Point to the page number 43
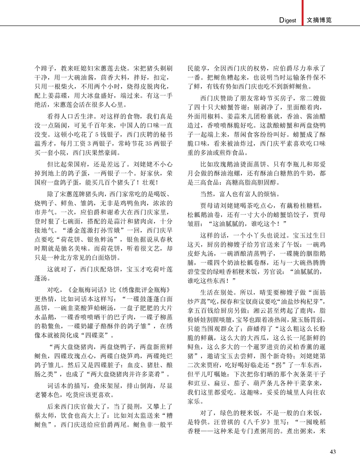pyautogui.click(x=333, y=452)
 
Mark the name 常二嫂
pyautogui.click(x=309, y=98)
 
